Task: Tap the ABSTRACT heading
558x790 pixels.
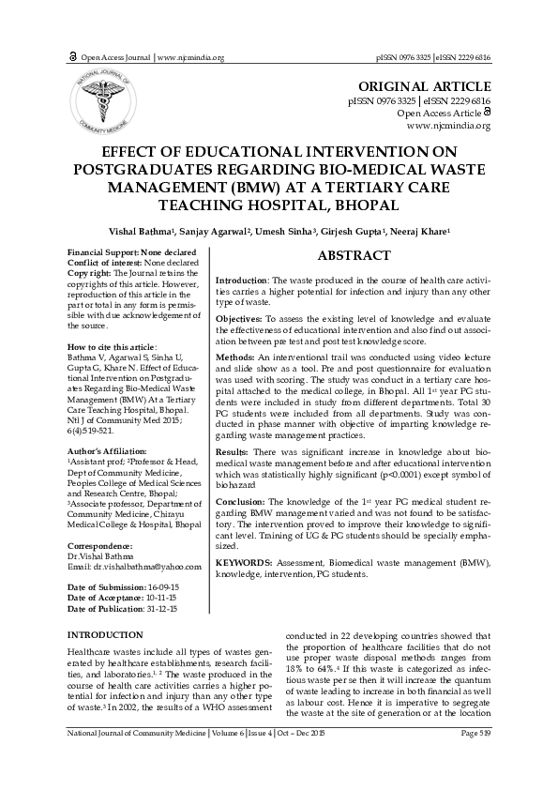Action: click(x=354, y=256)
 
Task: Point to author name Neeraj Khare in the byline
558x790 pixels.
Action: click(x=422, y=231)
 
